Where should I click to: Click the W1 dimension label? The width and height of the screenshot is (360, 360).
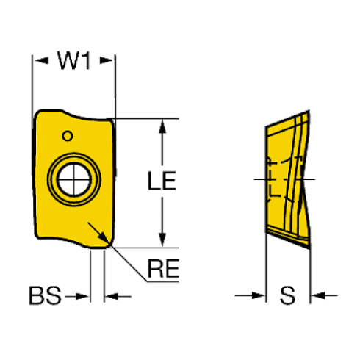[x=74, y=60]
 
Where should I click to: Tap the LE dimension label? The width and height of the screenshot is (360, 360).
[x=162, y=181]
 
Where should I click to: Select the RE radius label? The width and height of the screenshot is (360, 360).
[x=163, y=269]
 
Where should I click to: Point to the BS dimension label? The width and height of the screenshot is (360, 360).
[x=45, y=295]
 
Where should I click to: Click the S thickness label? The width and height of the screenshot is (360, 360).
[x=288, y=295]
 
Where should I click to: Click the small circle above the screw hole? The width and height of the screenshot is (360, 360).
[x=68, y=136]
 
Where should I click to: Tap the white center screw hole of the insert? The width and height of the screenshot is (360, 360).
[x=74, y=179]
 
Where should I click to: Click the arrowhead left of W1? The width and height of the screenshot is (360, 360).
[x=42, y=60]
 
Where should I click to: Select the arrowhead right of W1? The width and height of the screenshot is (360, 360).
[x=106, y=60]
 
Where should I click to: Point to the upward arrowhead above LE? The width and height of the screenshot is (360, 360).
[x=162, y=126]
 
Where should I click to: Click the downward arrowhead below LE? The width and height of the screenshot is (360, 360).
[x=162, y=240]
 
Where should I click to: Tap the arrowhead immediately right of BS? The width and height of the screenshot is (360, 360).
[x=82, y=296]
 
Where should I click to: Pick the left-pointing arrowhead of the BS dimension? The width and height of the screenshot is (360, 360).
[x=112, y=296]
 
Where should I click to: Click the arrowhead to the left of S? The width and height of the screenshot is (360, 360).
[x=258, y=295]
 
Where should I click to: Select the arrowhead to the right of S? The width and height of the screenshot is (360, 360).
[x=319, y=295]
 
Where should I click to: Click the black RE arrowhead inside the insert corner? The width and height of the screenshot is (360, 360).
[x=103, y=238]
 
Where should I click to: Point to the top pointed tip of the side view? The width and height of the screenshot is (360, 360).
[x=309, y=111]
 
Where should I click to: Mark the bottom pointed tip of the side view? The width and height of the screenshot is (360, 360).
[x=309, y=248]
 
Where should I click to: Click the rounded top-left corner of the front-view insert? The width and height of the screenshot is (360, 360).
[x=39, y=114]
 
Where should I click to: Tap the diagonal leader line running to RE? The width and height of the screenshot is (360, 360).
[x=128, y=264]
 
